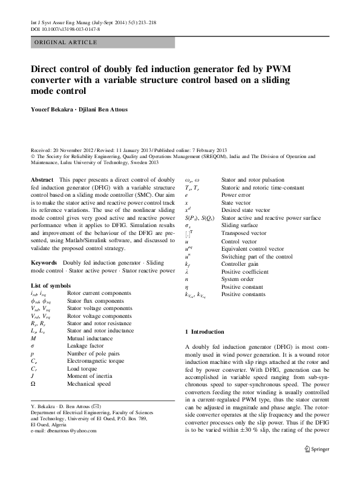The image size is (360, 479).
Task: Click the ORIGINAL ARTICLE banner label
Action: (66, 42)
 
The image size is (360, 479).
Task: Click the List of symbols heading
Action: (55, 285)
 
